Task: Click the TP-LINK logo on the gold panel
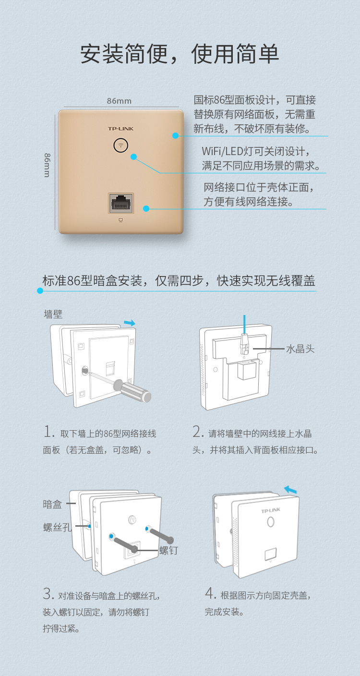120,129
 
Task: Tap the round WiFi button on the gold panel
120,145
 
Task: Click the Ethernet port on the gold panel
120,203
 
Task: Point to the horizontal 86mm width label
119,101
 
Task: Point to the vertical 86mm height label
48,165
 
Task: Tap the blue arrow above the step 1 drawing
130,323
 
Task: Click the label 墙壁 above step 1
53,314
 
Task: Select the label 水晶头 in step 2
300,349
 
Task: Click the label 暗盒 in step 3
52,504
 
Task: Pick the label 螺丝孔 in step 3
57,527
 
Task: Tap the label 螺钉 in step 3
168,550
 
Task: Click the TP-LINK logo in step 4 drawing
271,510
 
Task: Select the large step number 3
48,593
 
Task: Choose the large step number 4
210,593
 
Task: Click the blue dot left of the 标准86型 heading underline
40,290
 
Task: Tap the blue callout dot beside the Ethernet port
146,208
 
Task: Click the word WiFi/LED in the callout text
222,151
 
